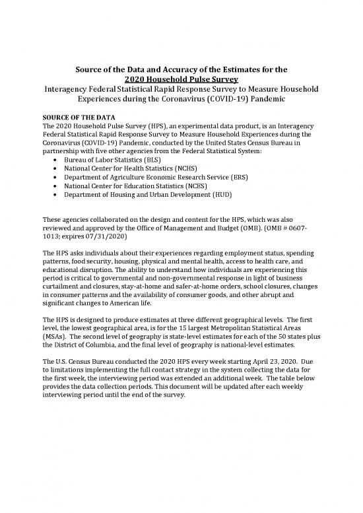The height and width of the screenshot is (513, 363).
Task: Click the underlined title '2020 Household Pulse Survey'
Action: [181, 78]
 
